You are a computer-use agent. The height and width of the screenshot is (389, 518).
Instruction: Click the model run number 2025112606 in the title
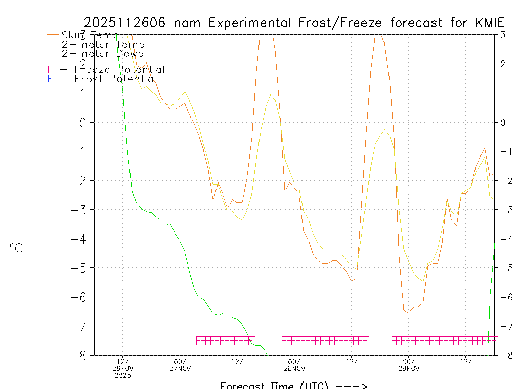126,23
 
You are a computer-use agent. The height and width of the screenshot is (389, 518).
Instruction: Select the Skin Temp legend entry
90,35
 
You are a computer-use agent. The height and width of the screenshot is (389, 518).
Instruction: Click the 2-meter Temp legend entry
103,45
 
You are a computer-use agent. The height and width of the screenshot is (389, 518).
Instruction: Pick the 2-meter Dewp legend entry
102,53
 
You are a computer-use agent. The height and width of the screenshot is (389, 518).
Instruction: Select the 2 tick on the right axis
503,64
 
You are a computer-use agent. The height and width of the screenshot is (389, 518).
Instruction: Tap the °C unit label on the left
16,248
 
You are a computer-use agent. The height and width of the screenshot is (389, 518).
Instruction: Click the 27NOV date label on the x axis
180,368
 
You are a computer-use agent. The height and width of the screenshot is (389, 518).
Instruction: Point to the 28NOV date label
294,368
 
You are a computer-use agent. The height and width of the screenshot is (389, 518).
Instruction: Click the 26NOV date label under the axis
123,368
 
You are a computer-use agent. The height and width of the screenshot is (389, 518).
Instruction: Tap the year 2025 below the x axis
123,375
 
